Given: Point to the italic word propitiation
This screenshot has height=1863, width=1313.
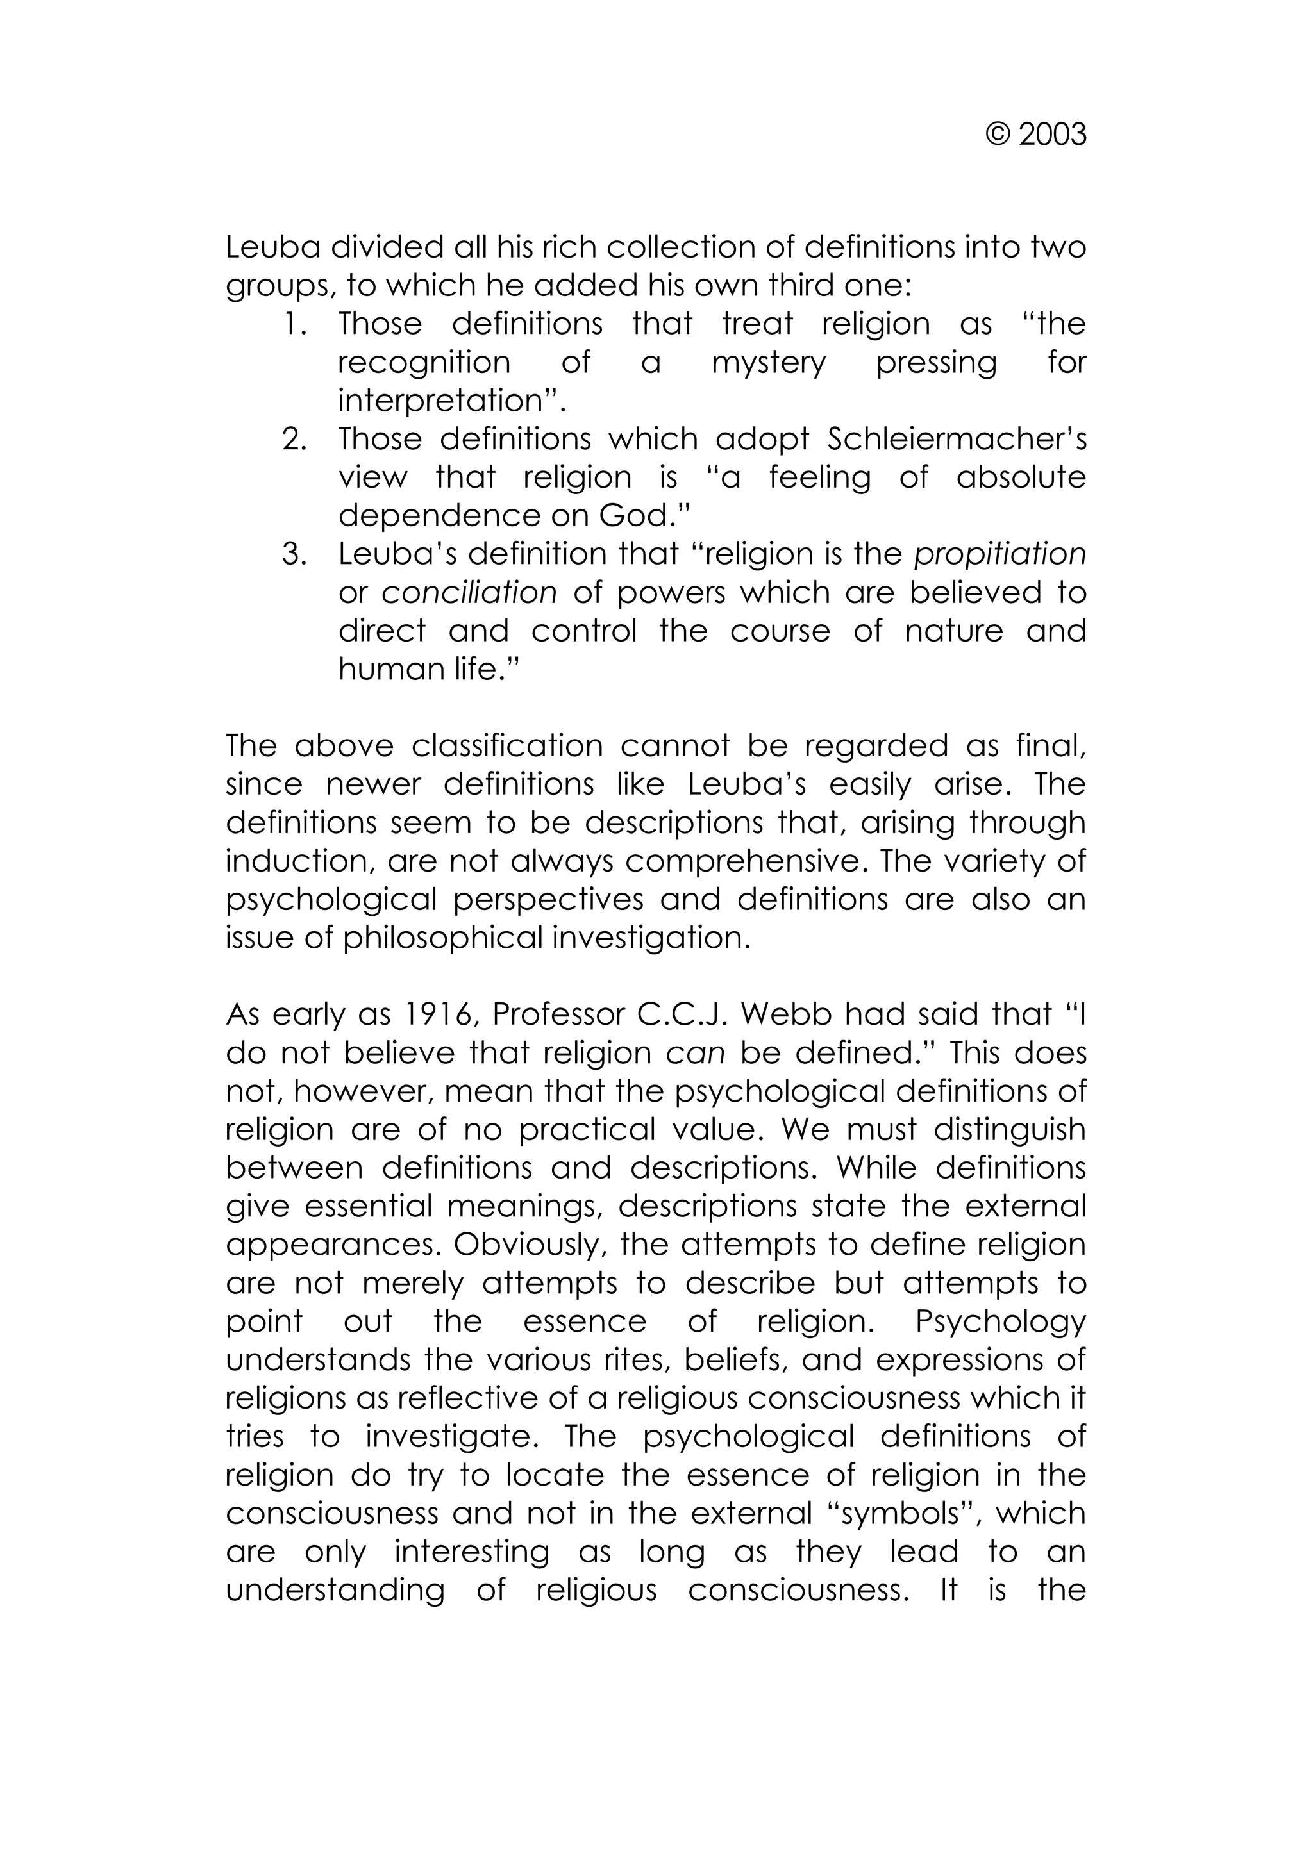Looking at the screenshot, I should (999, 554).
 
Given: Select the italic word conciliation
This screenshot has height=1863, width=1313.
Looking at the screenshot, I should (469, 593).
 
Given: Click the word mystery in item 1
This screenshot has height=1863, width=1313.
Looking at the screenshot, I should (769, 363).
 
